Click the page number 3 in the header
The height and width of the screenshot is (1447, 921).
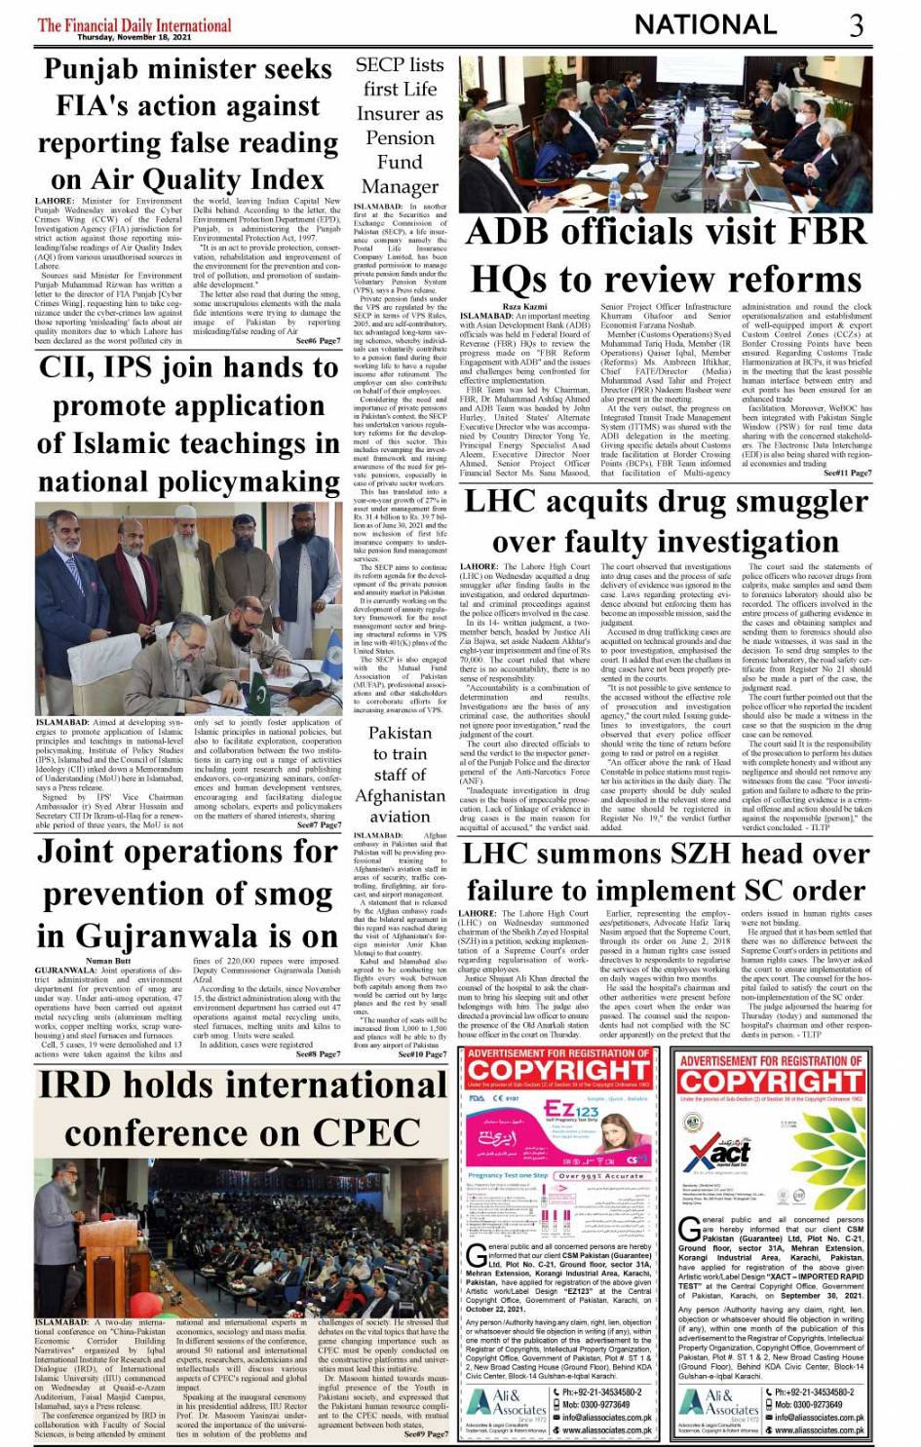pyautogui.click(x=856, y=24)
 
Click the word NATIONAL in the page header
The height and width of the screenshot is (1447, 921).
pyautogui.click(x=705, y=24)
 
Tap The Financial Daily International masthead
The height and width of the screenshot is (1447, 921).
pyautogui.click(x=134, y=23)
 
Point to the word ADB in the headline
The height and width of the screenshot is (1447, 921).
pyautogui.click(x=518, y=232)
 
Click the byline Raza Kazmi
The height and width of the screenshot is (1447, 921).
pyautogui.click(x=524, y=307)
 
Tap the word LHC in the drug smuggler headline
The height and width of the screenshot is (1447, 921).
pyautogui.click(x=498, y=501)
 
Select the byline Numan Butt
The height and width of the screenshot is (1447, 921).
pyautogui.click(x=107, y=961)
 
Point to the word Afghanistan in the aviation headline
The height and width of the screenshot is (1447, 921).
pyautogui.click(x=400, y=796)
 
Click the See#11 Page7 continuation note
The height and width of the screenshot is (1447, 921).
pyautogui.click(x=847, y=473)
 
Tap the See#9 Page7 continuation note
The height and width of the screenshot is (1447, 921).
pyautogui.click(x=425, y=1433)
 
